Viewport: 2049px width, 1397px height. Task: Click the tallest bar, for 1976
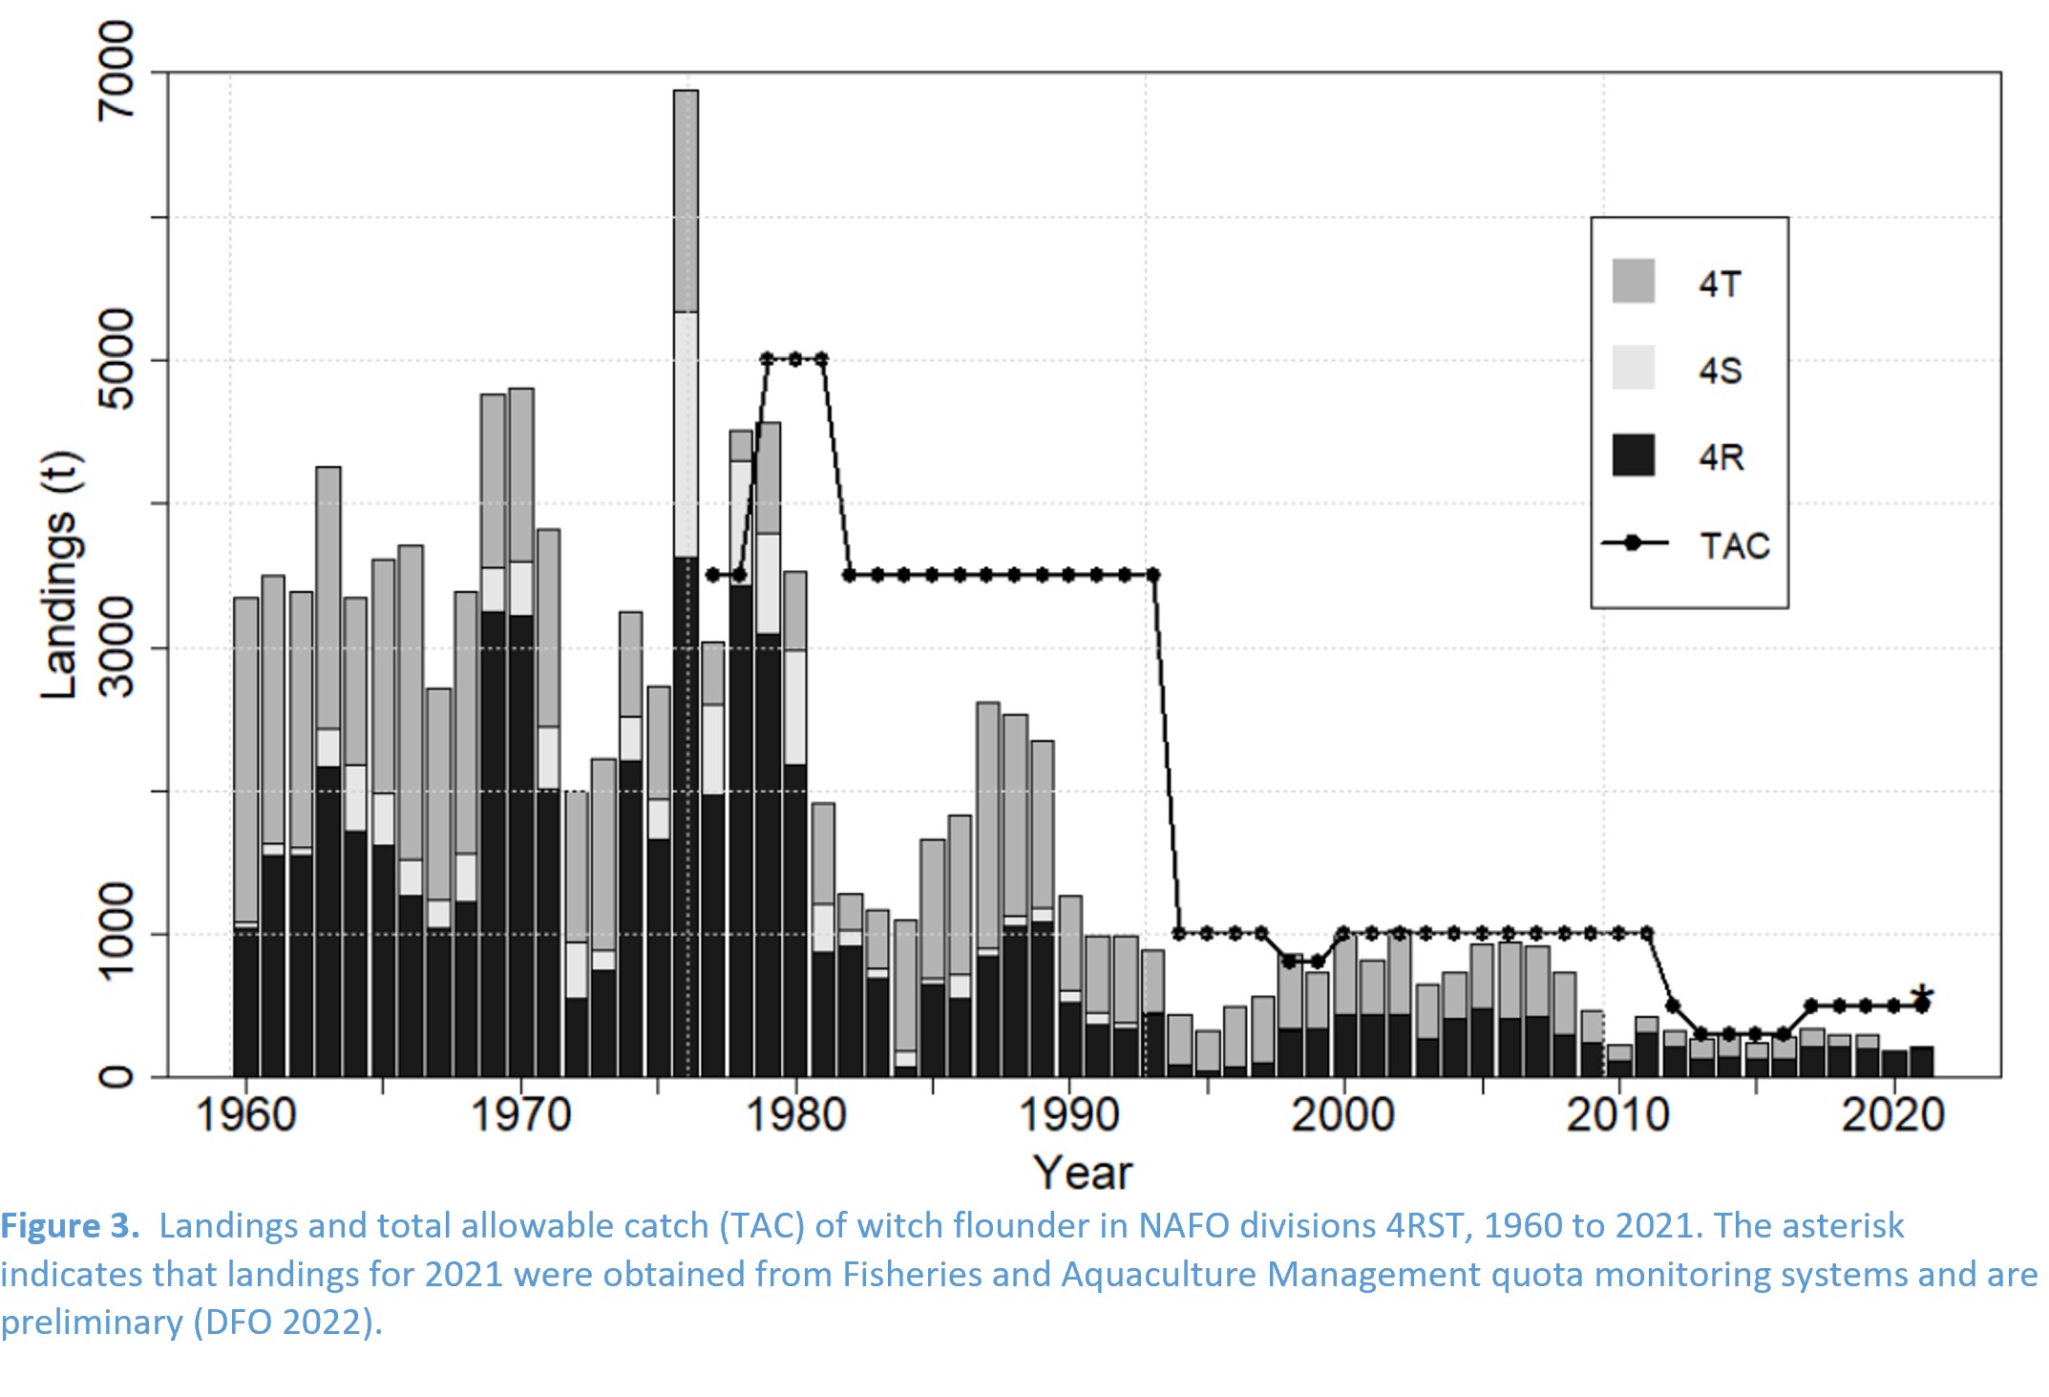[686, 582]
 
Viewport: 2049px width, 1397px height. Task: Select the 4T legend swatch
[1633, 282]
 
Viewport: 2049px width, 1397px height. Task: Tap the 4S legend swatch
[1633, 368]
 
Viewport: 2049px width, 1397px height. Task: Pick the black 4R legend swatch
[1633, 455]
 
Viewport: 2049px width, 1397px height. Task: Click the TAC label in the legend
[1734, 546]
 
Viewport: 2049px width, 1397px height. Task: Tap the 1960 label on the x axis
[245, 1115]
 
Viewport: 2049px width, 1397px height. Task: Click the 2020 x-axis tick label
[1893, 1115]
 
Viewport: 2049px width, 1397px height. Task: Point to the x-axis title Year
[1083, 1173]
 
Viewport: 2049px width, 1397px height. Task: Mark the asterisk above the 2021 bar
[1922, 997]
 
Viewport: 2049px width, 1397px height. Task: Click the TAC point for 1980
[794, 359]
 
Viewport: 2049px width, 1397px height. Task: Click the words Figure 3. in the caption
[71, 1226]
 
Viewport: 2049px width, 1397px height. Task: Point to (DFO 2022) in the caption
[282, 1323]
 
